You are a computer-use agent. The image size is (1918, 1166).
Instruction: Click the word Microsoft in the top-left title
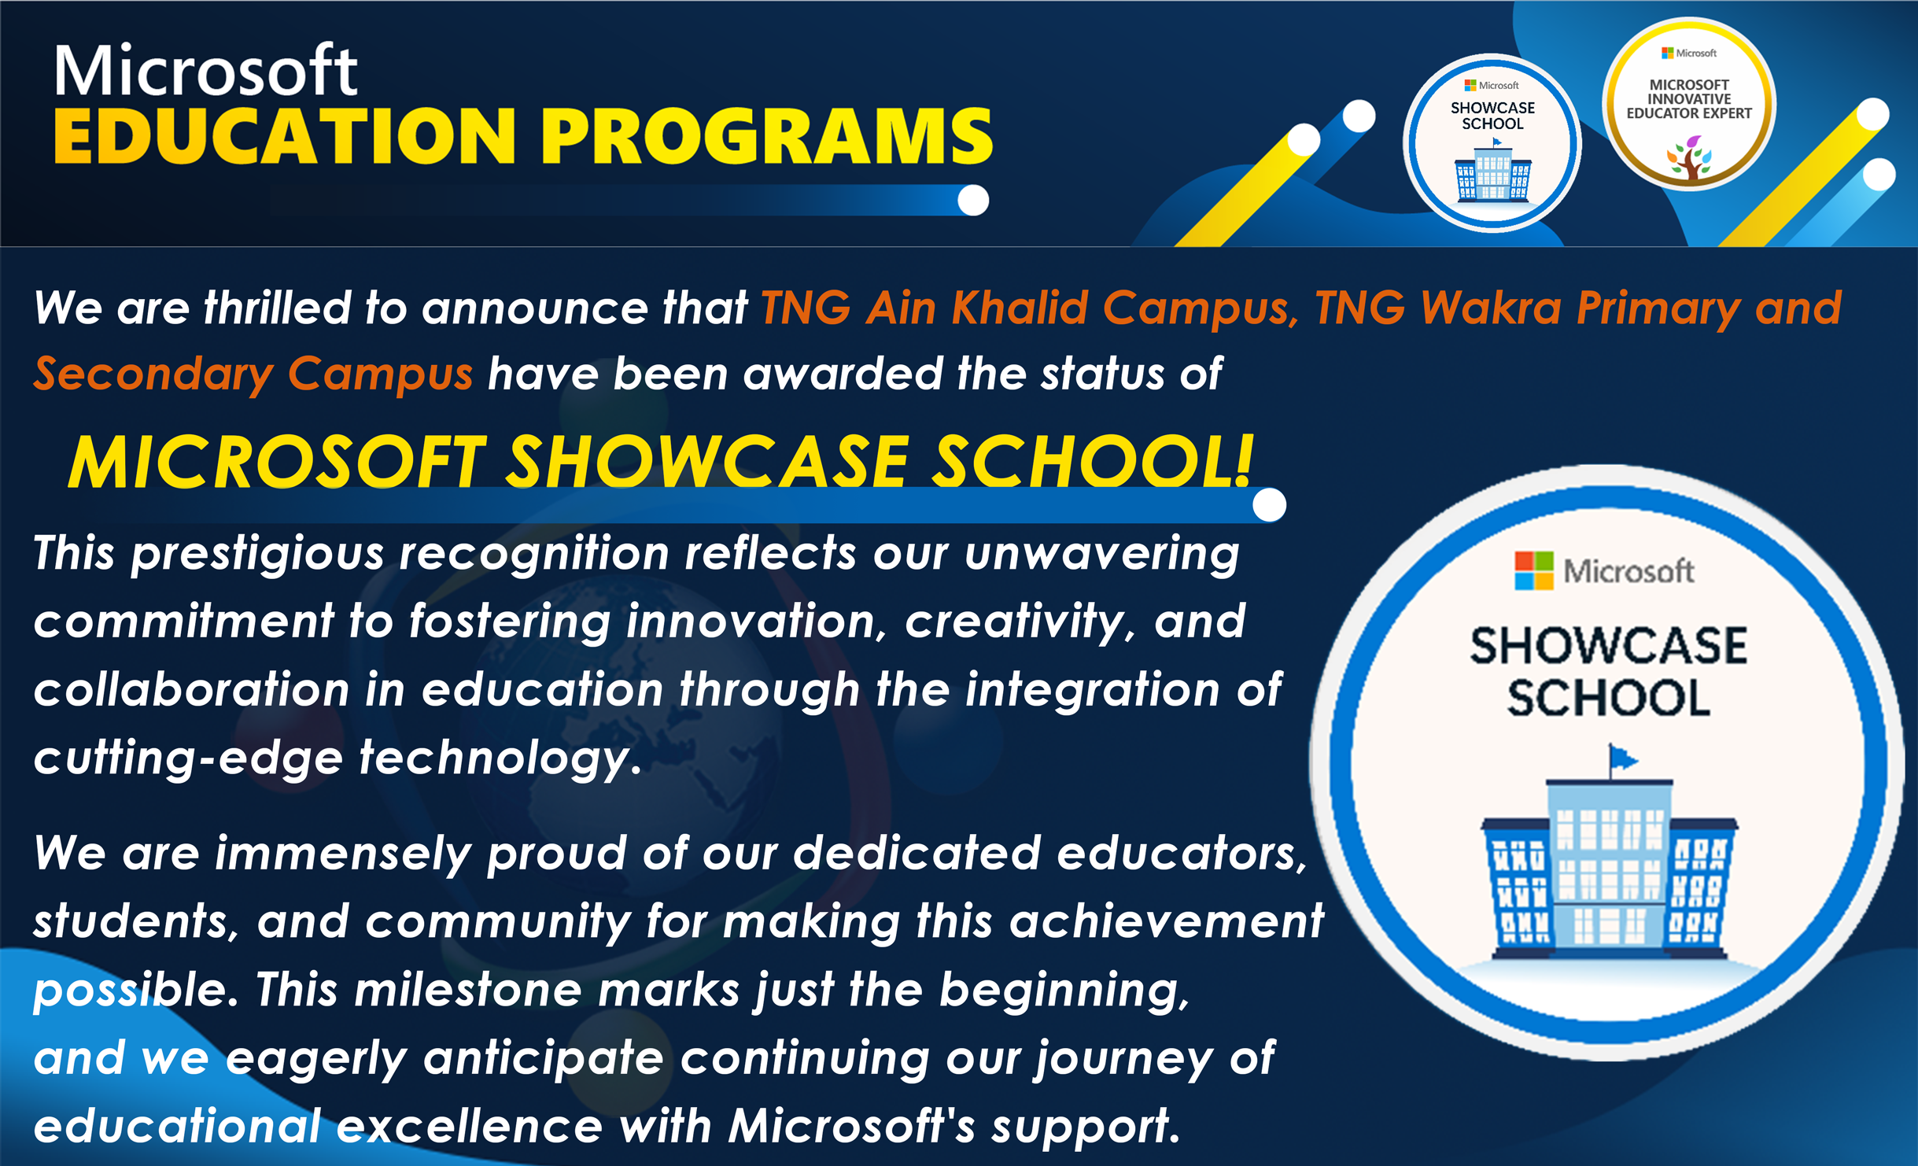click(x=205, y=70)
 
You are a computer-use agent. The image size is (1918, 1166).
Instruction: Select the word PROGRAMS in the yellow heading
click(x=767, y=137)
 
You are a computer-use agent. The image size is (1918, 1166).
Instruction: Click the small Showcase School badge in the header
click(x=1492, y=142)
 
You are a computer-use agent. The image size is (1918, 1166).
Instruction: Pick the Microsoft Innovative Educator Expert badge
click(x=1689, y=105)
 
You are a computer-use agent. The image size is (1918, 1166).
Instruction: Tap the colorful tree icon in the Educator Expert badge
click(x=1689, y=157)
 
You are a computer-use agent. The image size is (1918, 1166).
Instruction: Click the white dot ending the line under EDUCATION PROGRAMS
click(x=973, y=200)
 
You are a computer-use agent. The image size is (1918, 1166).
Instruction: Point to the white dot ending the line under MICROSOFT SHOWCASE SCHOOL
click(x=1269, y=504)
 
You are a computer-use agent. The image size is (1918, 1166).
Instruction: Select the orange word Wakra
click(x=1492, y=307)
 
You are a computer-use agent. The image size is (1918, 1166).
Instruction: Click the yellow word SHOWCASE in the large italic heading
click(x=707, y=462)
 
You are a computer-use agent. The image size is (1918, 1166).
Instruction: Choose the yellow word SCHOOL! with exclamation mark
click(x=1092, y=462)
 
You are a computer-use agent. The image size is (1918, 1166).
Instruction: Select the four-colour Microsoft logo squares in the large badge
click(x=1534, y=570)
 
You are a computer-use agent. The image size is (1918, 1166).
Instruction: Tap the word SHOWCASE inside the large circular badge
click(x=1609, y=646)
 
